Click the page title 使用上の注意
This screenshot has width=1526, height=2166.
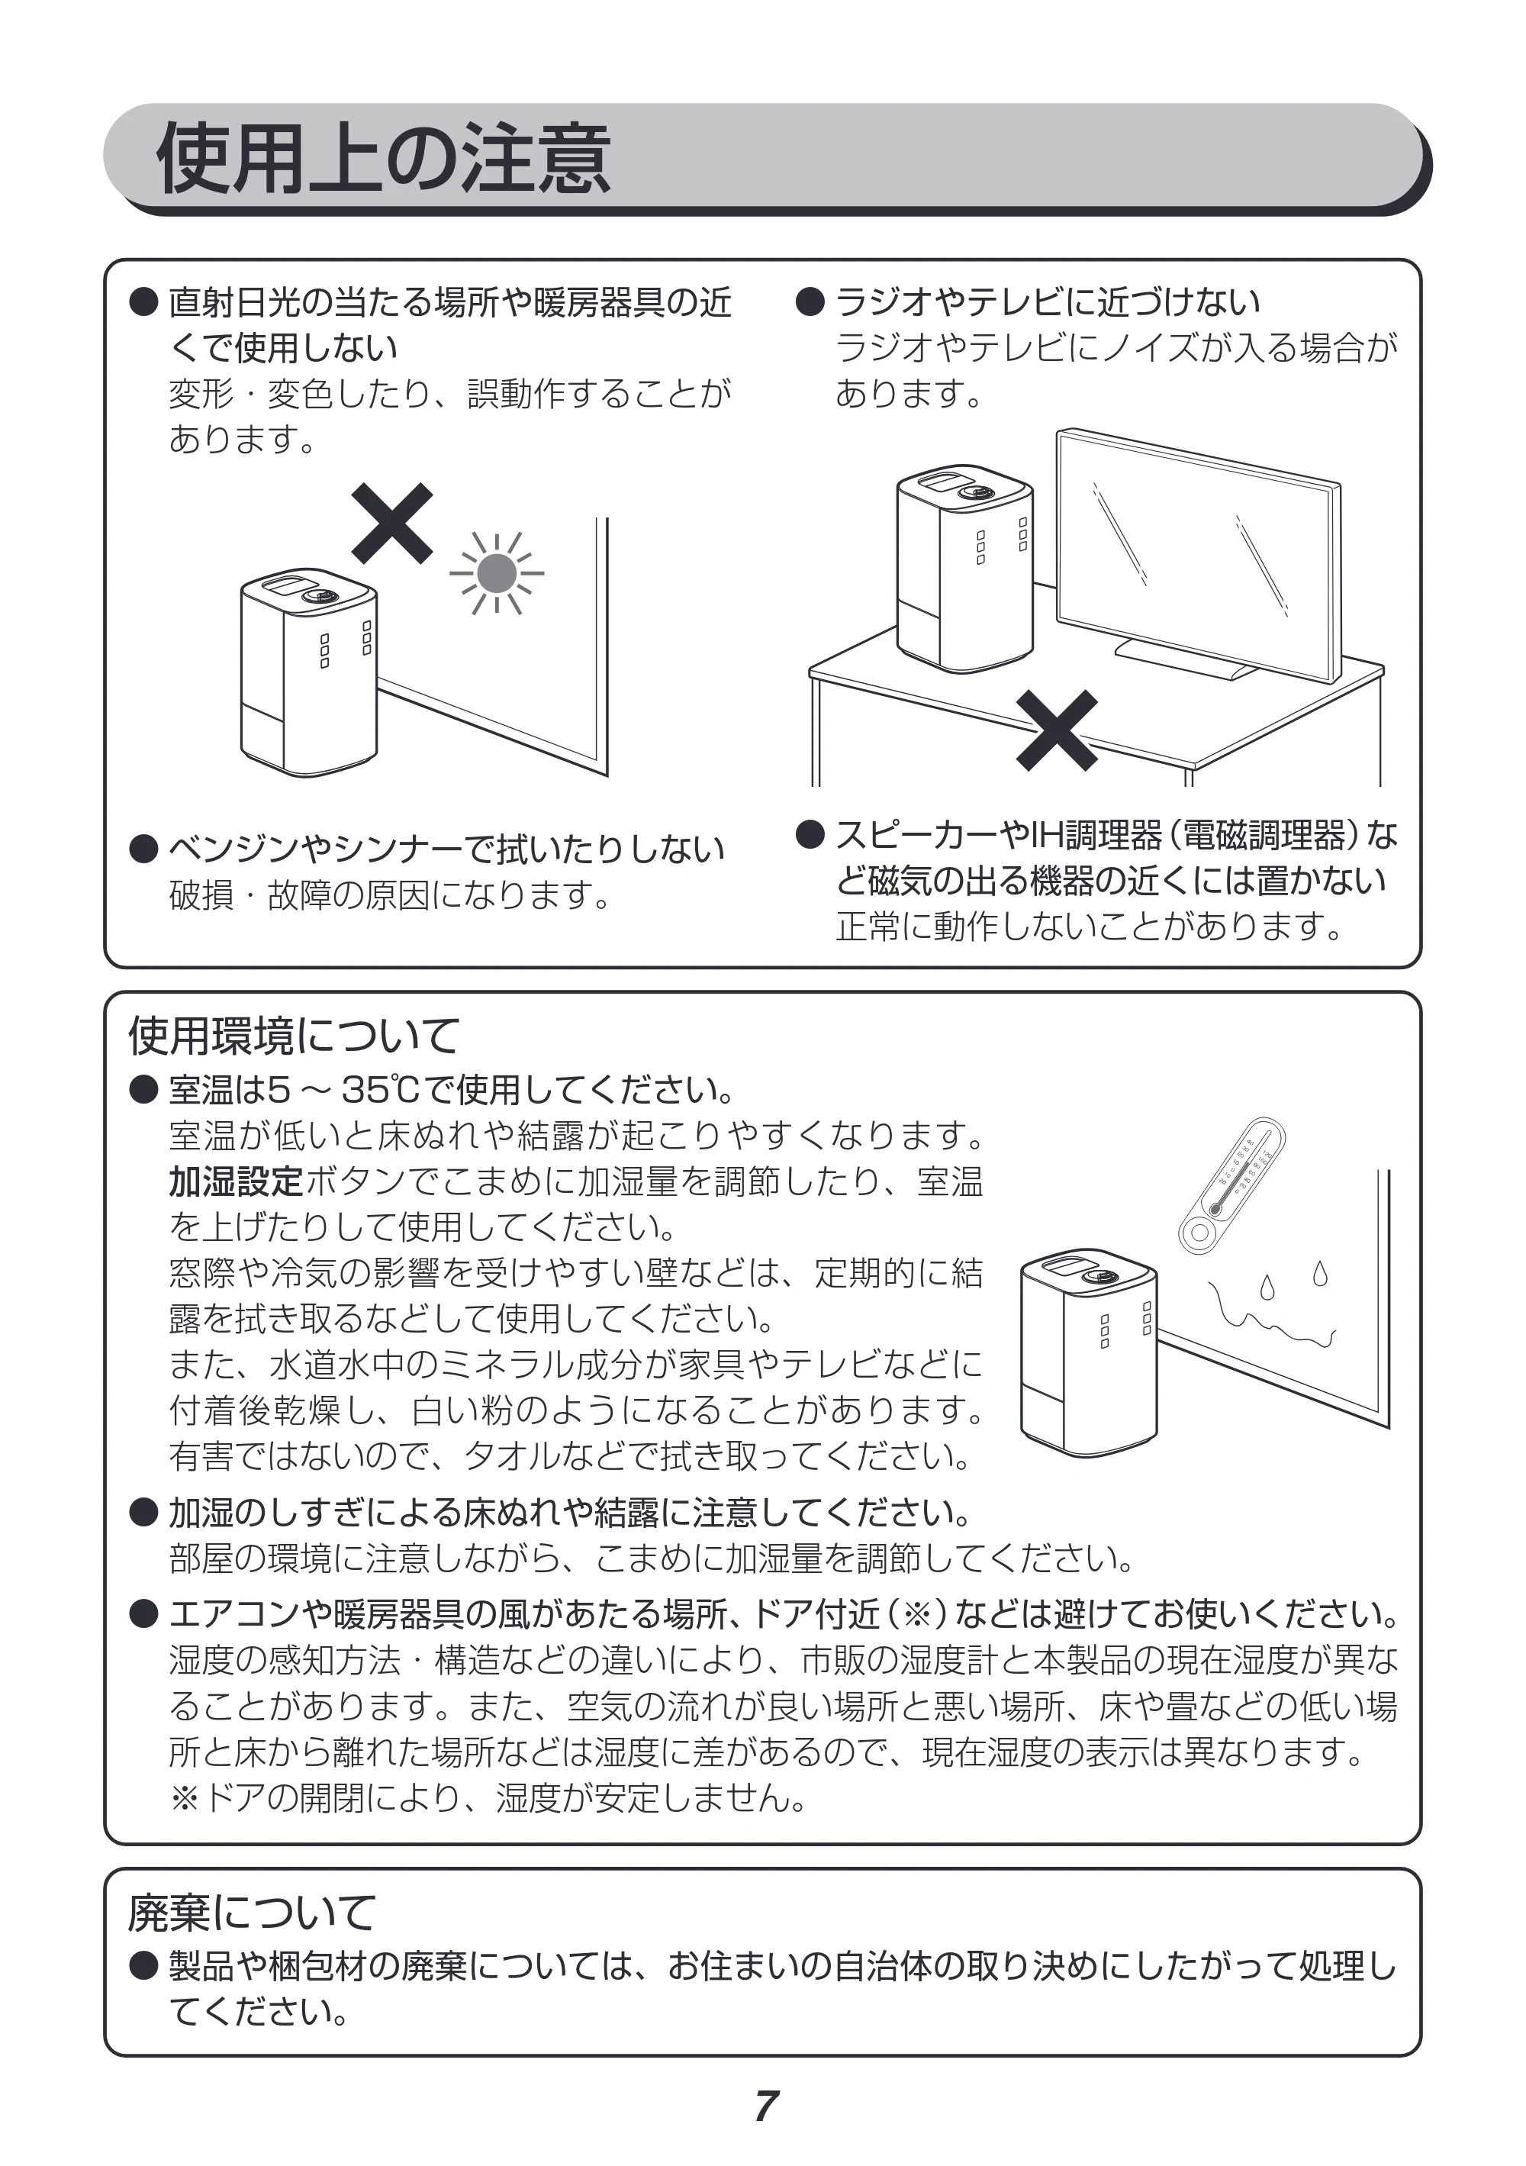[384, 159]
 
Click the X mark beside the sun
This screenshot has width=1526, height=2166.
[392, 523]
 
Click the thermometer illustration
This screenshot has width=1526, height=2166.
[1231, 1186]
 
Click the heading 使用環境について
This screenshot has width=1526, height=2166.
[293, 1036]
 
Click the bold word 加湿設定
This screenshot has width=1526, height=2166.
[236, 1181]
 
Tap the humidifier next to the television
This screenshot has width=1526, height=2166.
[965, 568]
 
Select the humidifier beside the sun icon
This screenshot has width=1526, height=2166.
[309, 672]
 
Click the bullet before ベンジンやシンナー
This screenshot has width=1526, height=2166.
[143, 849]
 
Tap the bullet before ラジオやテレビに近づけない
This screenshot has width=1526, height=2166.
[810, 302]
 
